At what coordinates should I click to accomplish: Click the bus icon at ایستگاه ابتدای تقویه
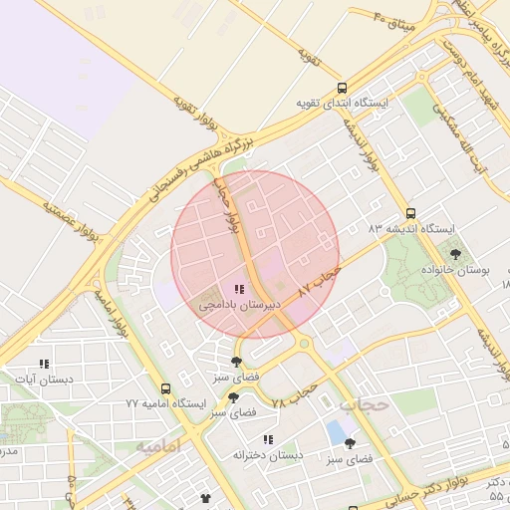pyautogui.click(x=343, y=88)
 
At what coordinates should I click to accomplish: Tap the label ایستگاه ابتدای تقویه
pyautogui.click(x=342, y=103)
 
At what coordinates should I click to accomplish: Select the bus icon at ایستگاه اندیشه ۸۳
pyautogui.click(x=410, y=213)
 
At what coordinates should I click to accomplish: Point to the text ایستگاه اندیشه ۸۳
pyautogui.click(x=410, y=229)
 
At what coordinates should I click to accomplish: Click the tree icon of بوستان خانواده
pyautogui.click(x=455, y=254)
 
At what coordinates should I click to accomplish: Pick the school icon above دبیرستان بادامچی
pyautogui.click(x=238, y=290)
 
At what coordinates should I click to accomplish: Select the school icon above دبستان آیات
pyautogui.click(x=43, y=365)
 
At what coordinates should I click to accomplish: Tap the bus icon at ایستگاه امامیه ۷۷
pyautogui.click(x=165, y=388)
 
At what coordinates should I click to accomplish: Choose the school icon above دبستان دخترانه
pyautogui.click(x=267, y=439)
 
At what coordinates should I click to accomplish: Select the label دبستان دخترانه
pyautogui.click(x=267, y=455)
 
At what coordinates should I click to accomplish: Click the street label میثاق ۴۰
pyautogui.click(x=393, y=17)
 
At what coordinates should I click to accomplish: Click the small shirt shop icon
pyautogui.click(x=206, y=497)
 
